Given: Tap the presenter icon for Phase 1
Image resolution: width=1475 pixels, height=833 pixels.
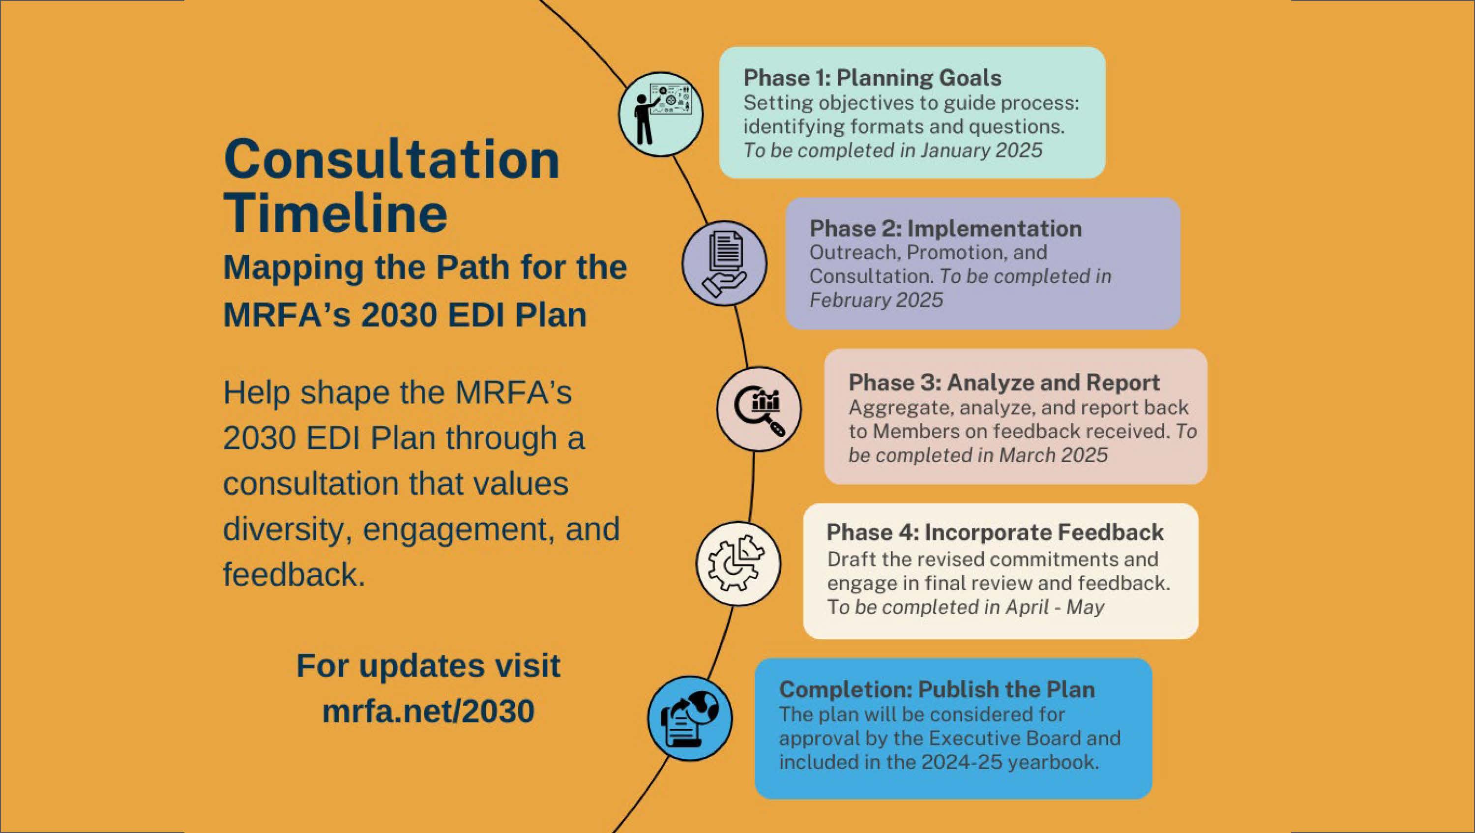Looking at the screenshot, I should pos(660,114).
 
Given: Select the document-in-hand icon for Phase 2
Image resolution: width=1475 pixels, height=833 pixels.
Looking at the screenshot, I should pos(724,264).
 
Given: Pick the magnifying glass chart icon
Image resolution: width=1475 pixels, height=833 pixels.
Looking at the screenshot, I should pos(759,409).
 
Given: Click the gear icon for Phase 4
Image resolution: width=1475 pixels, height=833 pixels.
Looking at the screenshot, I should pos(738,564).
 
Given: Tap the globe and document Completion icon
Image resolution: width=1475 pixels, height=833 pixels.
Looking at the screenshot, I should pos(690,718).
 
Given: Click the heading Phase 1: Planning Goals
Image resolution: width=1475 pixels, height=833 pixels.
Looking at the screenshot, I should pos(872,78).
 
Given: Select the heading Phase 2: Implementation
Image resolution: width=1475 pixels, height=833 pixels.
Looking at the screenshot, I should pos(945,229).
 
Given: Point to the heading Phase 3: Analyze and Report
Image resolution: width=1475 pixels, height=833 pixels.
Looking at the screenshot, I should pos(1004,383).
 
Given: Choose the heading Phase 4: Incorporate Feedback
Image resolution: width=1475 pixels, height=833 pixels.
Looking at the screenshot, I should pos(995,533).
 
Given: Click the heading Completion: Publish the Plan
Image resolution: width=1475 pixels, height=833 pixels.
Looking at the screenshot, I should pos(937,689).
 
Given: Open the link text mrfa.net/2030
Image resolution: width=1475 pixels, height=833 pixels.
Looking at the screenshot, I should pos(428,711).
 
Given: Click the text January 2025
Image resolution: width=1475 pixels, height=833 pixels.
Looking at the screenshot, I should pos(981,150).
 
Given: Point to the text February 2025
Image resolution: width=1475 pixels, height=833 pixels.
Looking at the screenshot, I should pos(876,300).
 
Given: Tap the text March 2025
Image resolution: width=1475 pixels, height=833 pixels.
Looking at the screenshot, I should pos(1053,455).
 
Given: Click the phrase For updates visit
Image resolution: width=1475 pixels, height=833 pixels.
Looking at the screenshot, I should pos(428,666).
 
